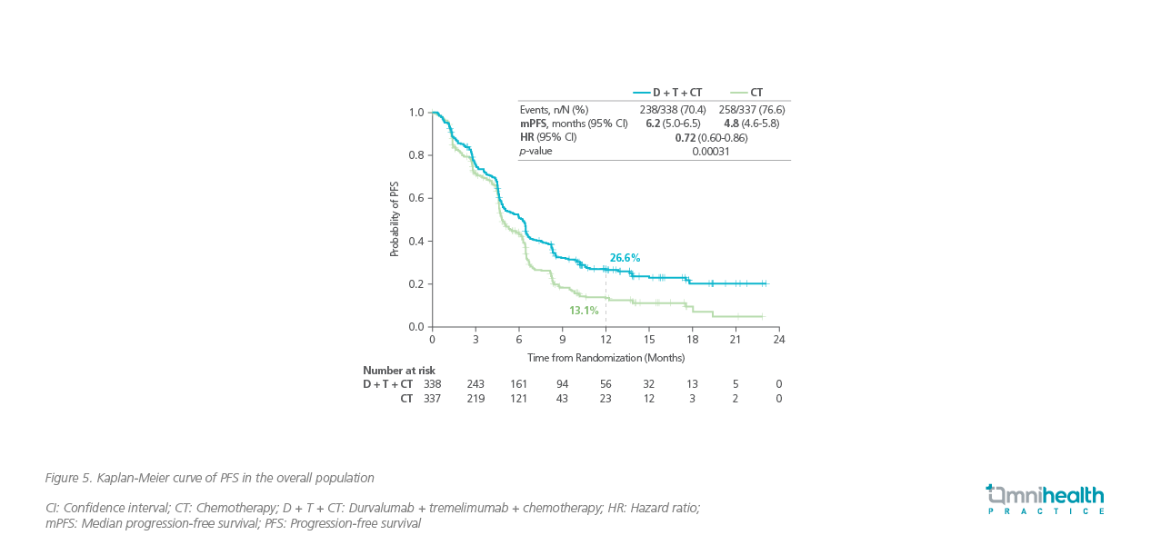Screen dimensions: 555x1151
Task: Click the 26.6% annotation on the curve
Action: point(625,258)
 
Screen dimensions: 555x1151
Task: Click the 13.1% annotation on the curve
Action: point(584,311)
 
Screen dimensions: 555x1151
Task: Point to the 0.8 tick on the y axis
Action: point(417,155)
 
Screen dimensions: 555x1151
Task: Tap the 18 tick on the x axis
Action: point(692,340)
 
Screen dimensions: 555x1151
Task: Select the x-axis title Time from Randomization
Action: point(606,358)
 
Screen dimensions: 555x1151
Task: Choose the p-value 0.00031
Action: point(711,152)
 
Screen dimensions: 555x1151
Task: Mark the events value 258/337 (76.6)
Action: point(751,110)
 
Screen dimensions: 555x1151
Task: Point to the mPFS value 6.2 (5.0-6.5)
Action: point(671,124)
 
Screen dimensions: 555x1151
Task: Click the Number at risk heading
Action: point(399,371)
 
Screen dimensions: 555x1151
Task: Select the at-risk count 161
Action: point(518,384)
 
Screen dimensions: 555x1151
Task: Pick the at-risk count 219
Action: point(475,399)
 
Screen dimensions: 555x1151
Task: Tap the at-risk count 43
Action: point(562,399)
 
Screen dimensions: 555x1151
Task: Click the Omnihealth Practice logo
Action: point(1045,499)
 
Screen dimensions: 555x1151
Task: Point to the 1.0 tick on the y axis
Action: point(417,113)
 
